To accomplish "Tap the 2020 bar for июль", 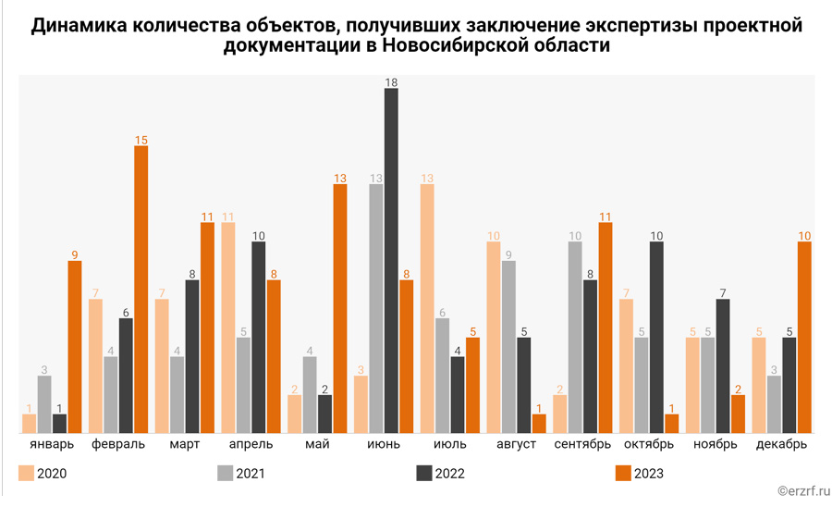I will (427, 309).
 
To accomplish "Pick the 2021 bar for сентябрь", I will (575, 338).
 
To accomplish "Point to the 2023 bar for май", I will (340, 309).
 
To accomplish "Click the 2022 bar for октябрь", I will (656, 338).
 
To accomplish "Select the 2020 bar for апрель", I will (228, 328).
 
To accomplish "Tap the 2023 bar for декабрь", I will (805, 338).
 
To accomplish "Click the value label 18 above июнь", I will (391, 82).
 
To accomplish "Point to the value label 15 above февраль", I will (141, 140).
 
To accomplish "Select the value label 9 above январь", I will (74, 254).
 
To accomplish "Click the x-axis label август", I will (516, 445).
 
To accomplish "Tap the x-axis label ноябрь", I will (716, 445).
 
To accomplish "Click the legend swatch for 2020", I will (27, 474).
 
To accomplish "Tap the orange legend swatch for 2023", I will (624, 474).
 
